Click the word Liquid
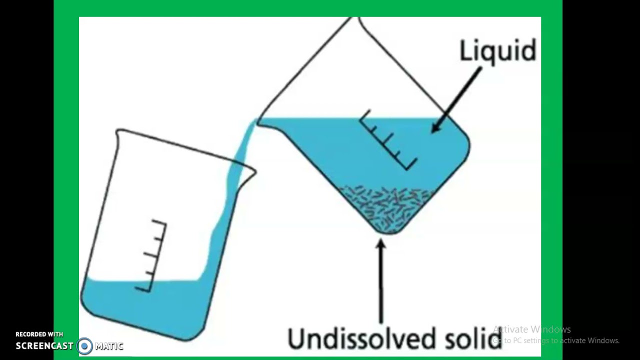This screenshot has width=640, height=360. [497, 51]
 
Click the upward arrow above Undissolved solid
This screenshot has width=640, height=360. [381, 280]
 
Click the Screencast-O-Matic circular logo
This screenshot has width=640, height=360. [85, 345]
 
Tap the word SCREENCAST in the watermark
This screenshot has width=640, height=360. [44, 345]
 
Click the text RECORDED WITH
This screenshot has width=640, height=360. [39, 334]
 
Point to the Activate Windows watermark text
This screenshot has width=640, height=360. [531, 329]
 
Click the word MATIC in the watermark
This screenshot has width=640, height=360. [109, 345]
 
